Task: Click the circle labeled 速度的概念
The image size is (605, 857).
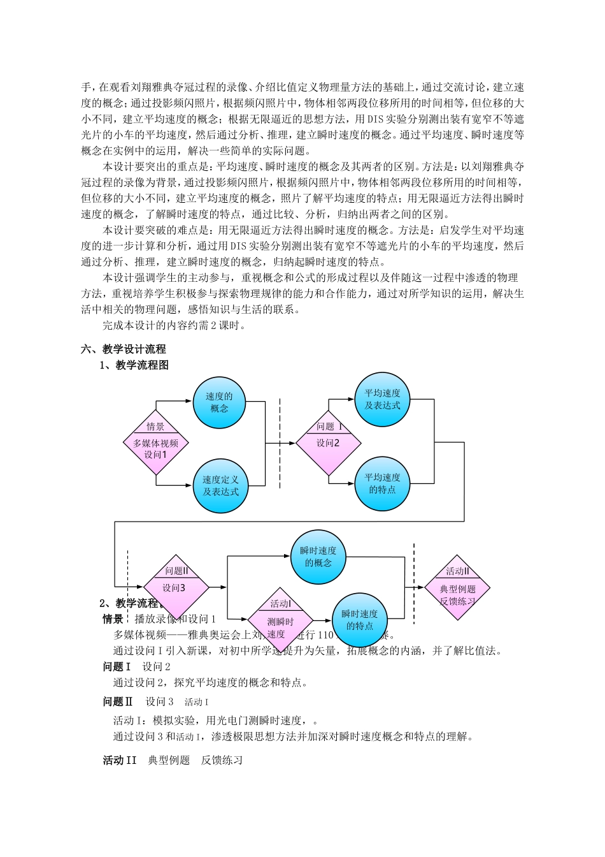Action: point(220,402)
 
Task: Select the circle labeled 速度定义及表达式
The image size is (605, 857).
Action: point(220,485)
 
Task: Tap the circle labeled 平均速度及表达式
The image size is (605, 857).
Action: point(382,400)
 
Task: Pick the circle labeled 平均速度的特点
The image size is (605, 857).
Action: point(382,484)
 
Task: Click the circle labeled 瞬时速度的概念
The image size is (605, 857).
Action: point(318,557)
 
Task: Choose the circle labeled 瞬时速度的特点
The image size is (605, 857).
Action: point(359,620)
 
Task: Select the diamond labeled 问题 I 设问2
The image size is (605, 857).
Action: point(329,443)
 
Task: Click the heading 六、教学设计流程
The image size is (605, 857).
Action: point(124,349)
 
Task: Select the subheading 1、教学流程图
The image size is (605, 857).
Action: point(134,365)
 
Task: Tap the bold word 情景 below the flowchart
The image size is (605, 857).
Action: point(113,619)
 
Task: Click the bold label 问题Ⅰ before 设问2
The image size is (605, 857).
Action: point(117,667)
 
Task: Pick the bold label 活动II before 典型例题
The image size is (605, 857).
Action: point(120,760)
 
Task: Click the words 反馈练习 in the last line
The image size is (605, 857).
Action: point(222,760)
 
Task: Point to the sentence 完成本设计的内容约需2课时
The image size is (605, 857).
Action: point(174,325)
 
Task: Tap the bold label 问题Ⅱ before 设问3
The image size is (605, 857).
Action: point(118,701)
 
